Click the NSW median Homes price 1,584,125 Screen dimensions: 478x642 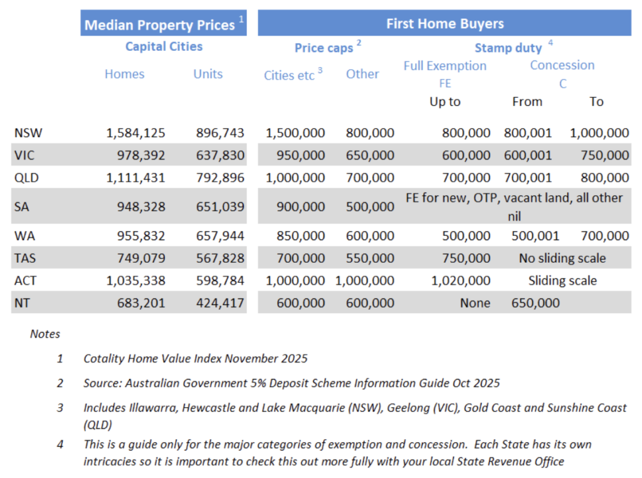[x=135, y=133]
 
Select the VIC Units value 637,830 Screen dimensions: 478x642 [x=219, y=156]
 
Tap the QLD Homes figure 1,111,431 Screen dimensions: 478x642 [x=135, y=178]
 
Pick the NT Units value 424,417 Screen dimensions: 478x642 [x=219, y=303]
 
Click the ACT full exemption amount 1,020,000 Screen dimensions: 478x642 [x=460, y=280]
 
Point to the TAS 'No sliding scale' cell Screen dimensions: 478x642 [x=562, y=258]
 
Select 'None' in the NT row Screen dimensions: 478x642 [x=475, y=303]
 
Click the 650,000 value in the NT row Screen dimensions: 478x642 [x=535, y=303]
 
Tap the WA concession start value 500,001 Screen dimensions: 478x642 [x=528, y=236]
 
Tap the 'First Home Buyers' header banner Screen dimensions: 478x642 [x=445, y=24]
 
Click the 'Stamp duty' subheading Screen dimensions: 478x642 [x=508, y=48]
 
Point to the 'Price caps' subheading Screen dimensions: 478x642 [x=324, y=48]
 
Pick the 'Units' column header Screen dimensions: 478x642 [x=208, y=74]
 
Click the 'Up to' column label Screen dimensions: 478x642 [x=445, y=102]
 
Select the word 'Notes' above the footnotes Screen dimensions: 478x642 [x=45, y=334]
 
